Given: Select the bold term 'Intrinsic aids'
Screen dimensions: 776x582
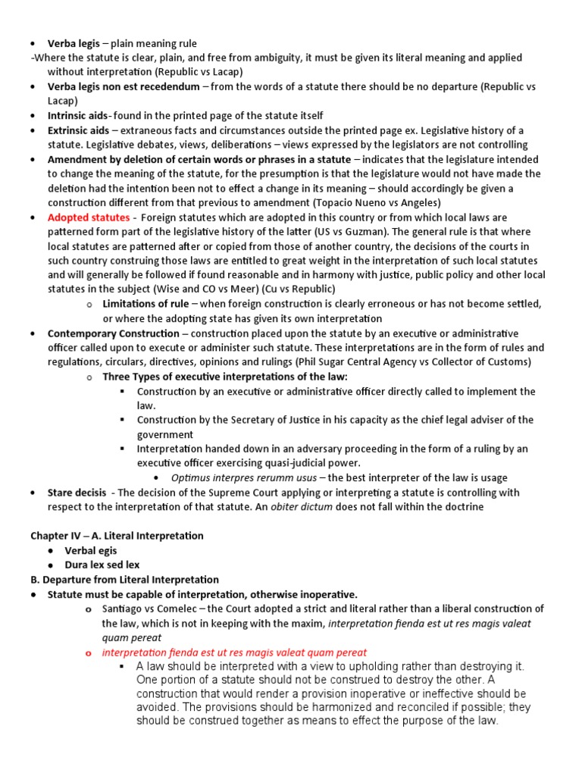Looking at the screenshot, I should coord(79,116).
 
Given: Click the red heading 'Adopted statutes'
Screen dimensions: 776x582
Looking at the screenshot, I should coord(88,217).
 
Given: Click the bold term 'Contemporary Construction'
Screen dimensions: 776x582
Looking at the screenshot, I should coord(114,333).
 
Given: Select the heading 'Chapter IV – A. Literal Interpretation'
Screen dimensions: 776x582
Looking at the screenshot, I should coord(117,536).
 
